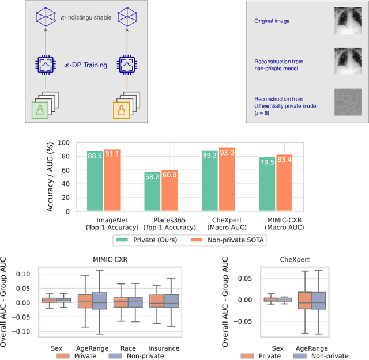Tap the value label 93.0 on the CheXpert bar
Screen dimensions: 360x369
pyautogui.click(x=227, y=154)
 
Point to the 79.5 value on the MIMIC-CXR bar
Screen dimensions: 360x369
pyautogui.click(x=268, y=162)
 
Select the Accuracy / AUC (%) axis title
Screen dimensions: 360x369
pyautogui.click(x=50, y=177)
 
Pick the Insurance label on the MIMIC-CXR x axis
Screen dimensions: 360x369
pyautogui.click(x=163, y=348)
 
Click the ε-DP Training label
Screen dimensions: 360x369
pyautogui.click(x=89, y=65)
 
